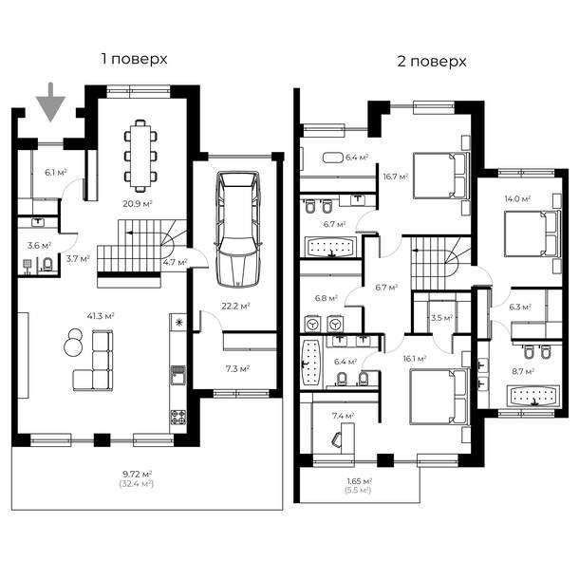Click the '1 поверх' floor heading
click(x=135, y=59)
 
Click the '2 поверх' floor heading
click(x=432, y=62)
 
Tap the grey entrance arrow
click(x=50, y=103)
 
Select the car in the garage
click(x=238, y=229)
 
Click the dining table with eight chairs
click(x=140, y=156)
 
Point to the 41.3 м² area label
click(x=101, y=316)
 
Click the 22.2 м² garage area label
click(x=235, y=307)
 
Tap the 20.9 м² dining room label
click(x=138, y=203)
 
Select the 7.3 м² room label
click(x=237, y=368)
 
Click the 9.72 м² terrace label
click(x=137, y=474)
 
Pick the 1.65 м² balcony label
click(x=359, y=481)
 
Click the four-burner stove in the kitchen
click(x=178, y=418)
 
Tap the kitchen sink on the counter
click(x=178, y=375)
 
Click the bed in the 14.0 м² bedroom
click(x=532, y=233)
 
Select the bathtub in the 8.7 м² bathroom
click(x=532, y=396)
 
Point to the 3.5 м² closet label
click(x=441, y=318)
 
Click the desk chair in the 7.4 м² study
click(x=337, y=439)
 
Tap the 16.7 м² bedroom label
click(x=396, y=177)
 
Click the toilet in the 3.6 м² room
click(x=47, y=264)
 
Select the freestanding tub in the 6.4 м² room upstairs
click(x=333, y=158)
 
